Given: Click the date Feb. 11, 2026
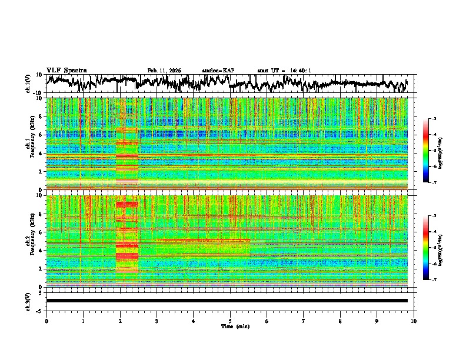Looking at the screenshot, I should coord(164,71).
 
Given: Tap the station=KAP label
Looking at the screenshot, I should coord(218,71).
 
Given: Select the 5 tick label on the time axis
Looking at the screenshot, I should coord(230,321).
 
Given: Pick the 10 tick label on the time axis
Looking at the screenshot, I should coord(414,321).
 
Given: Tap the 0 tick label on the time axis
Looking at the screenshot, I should coord(46,321).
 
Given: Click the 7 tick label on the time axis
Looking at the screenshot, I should coord(304,321).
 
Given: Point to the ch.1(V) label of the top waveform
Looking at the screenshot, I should coord(28,84).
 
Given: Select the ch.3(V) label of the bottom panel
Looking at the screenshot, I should coord(28,300).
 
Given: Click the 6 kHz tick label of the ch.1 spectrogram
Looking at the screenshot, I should coord(41,135).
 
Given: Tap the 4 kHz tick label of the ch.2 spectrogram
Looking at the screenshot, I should coord(41,250).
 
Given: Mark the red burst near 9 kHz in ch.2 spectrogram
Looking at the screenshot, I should coord(127,204).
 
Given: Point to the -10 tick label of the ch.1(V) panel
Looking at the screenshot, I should coord(38,93).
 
